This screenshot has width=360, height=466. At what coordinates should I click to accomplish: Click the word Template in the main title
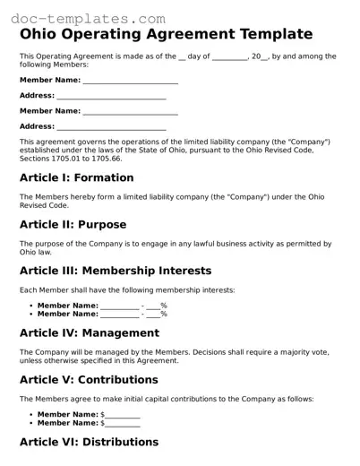pyautogui.click(x=265, y=35)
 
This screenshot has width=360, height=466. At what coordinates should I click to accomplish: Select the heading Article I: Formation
pyautogui.click(x=76, y=177)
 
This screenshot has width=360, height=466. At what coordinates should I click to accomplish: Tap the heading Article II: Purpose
pyautogui.click(x=73, y=224)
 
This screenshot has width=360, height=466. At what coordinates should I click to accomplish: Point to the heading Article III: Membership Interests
pyautogui.click(x=116, y=271)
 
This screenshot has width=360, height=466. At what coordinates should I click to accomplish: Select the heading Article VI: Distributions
pyautogui.click(x=89, y=442)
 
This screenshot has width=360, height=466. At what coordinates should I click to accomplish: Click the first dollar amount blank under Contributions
pyautogui.click(x=123, y=415)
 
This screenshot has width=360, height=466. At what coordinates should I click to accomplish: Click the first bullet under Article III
pyautogui.click(x=31, y=306)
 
